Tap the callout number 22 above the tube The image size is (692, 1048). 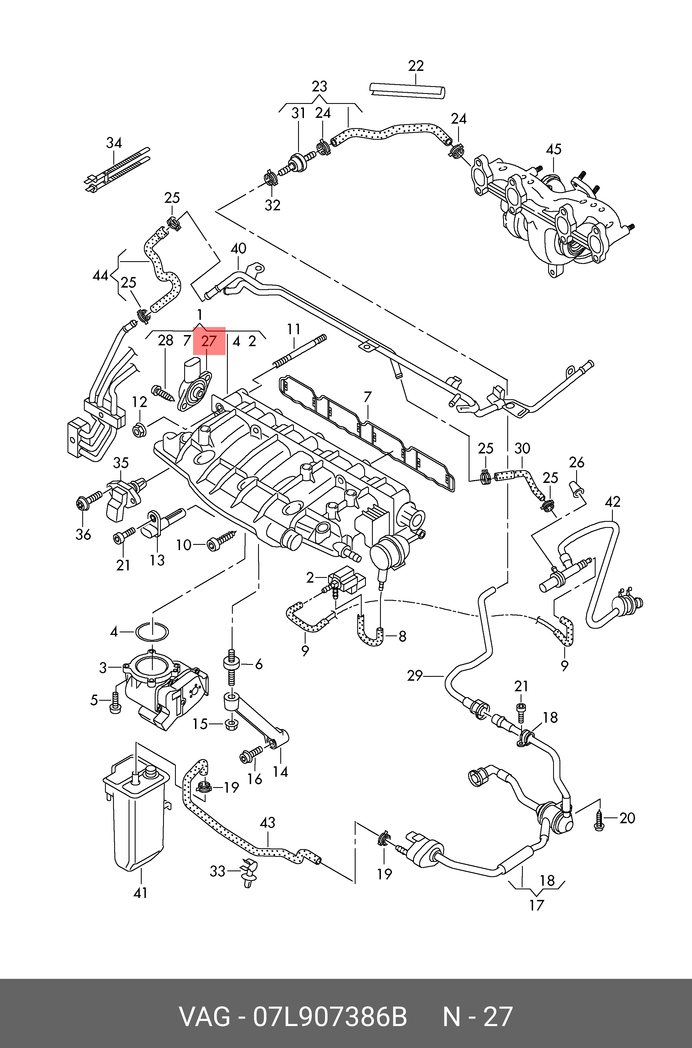click(x=416, y=66)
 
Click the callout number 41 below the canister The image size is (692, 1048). click(x=140, y=893)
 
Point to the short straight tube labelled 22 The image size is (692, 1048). click(x=407, y=91)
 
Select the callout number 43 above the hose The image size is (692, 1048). click(x=268, y=822)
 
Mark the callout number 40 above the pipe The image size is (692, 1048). click(x=238, y=248)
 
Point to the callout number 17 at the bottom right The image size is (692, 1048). click(x=537, y=905)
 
